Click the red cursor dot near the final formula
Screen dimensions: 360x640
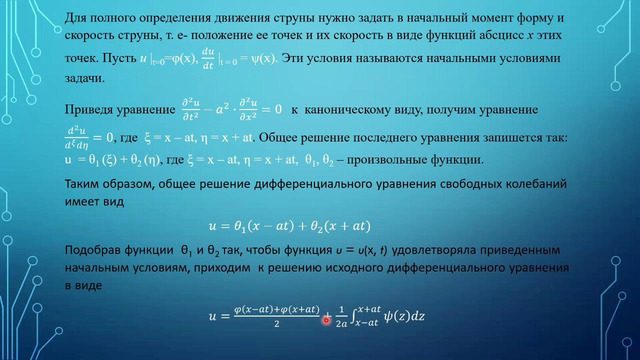click(x=327, y=319)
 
